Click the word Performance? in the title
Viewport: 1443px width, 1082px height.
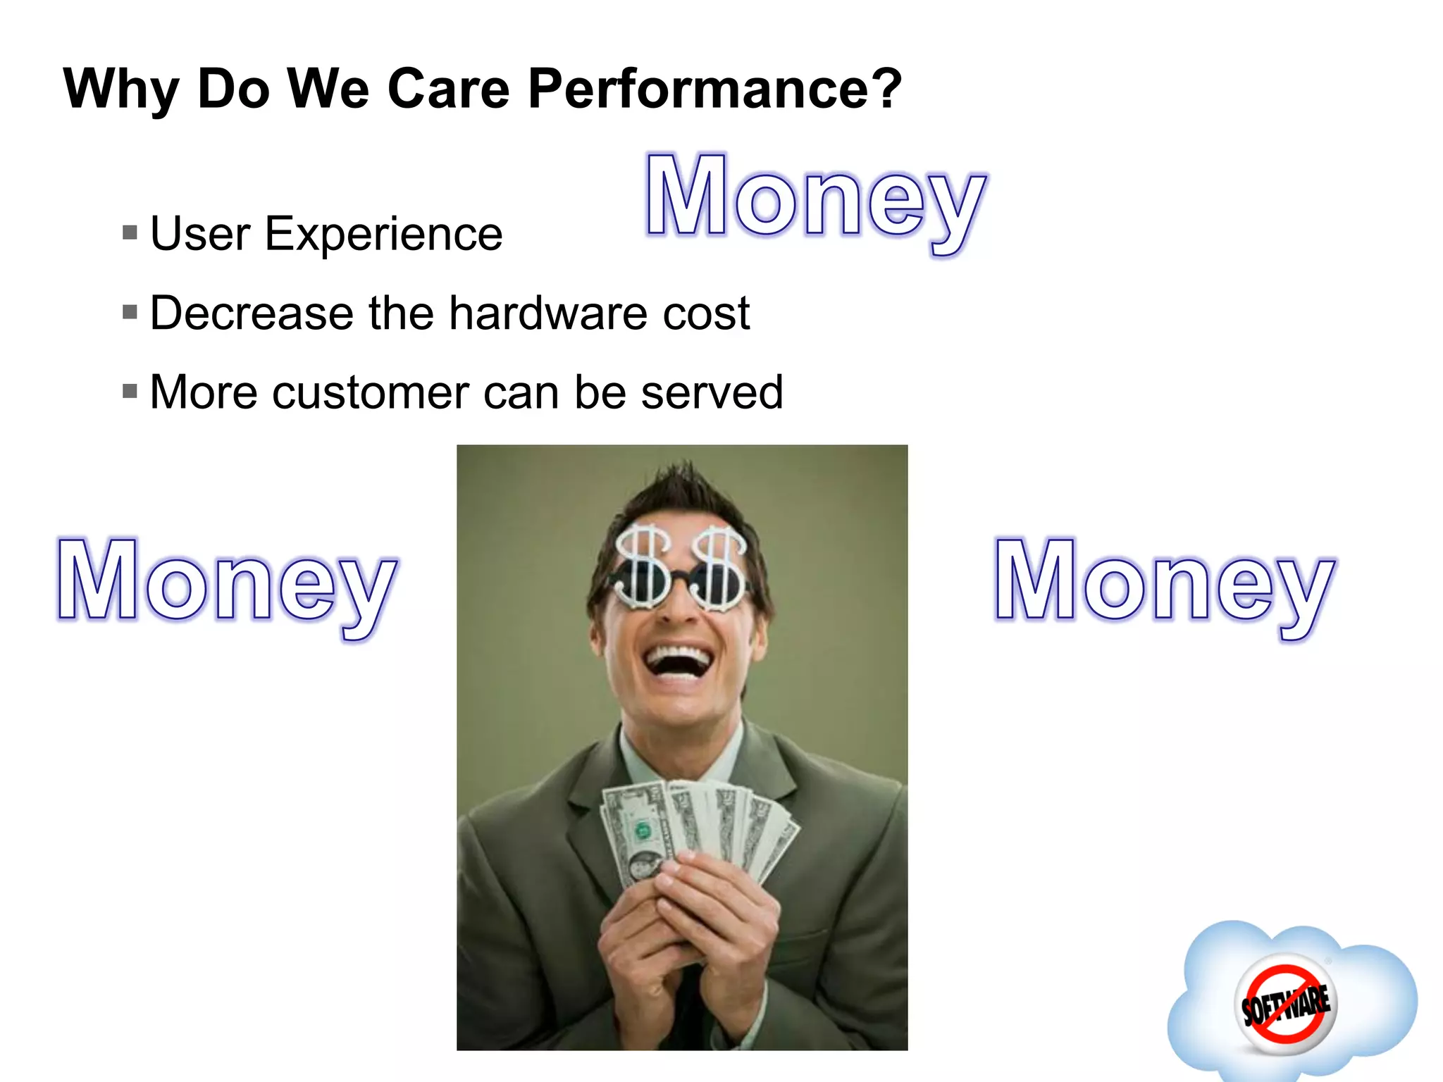coord(714,90)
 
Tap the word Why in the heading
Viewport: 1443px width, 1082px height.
coord(120,90)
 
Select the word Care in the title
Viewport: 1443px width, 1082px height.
coord(448,89)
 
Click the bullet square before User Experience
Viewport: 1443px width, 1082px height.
coord(130,232)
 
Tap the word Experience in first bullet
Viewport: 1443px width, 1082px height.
coord(383,235)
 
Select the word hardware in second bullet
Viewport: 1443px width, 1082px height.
coord(548,313)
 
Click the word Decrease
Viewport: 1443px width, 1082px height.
coord(252,313)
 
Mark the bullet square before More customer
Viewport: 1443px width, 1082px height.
coord(130,391)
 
